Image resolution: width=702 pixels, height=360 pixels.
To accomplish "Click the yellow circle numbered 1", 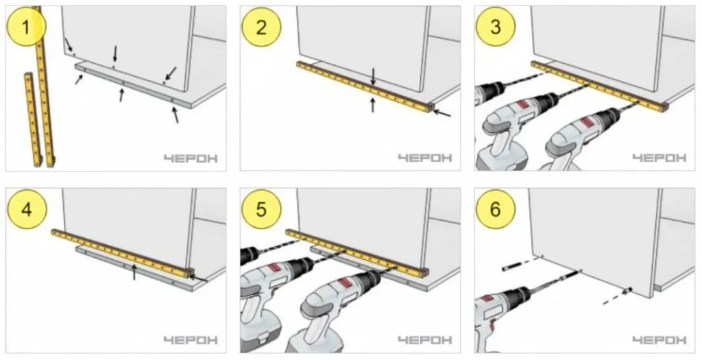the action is (27, 27).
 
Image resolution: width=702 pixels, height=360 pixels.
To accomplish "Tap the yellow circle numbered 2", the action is (261, 27).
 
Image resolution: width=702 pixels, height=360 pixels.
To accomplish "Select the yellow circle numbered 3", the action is (496, 27).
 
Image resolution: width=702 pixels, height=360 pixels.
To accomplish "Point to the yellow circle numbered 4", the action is (27, 209).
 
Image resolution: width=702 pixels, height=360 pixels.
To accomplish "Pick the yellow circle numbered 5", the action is (261, 209).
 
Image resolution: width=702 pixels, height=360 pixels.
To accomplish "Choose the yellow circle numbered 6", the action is (496, 209).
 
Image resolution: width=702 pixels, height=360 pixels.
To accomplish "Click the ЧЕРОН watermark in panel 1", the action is (191, 158).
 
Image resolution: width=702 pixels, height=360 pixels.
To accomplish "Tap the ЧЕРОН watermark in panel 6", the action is (659, 340).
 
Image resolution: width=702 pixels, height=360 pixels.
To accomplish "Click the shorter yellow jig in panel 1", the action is (33, 119).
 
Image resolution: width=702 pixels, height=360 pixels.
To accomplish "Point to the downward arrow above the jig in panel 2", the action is (374, 76).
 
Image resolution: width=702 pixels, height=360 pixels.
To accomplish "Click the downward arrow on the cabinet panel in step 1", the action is (115, 53).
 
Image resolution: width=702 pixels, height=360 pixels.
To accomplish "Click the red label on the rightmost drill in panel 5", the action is (346, 283).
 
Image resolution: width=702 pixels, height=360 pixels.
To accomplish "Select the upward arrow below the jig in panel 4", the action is (134, 272).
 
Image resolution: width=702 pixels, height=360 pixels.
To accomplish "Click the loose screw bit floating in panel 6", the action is (510, 267).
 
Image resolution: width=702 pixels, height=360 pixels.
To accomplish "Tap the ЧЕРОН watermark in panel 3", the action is (659, 158).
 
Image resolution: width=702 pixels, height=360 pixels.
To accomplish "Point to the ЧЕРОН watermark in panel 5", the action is (425, 340).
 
